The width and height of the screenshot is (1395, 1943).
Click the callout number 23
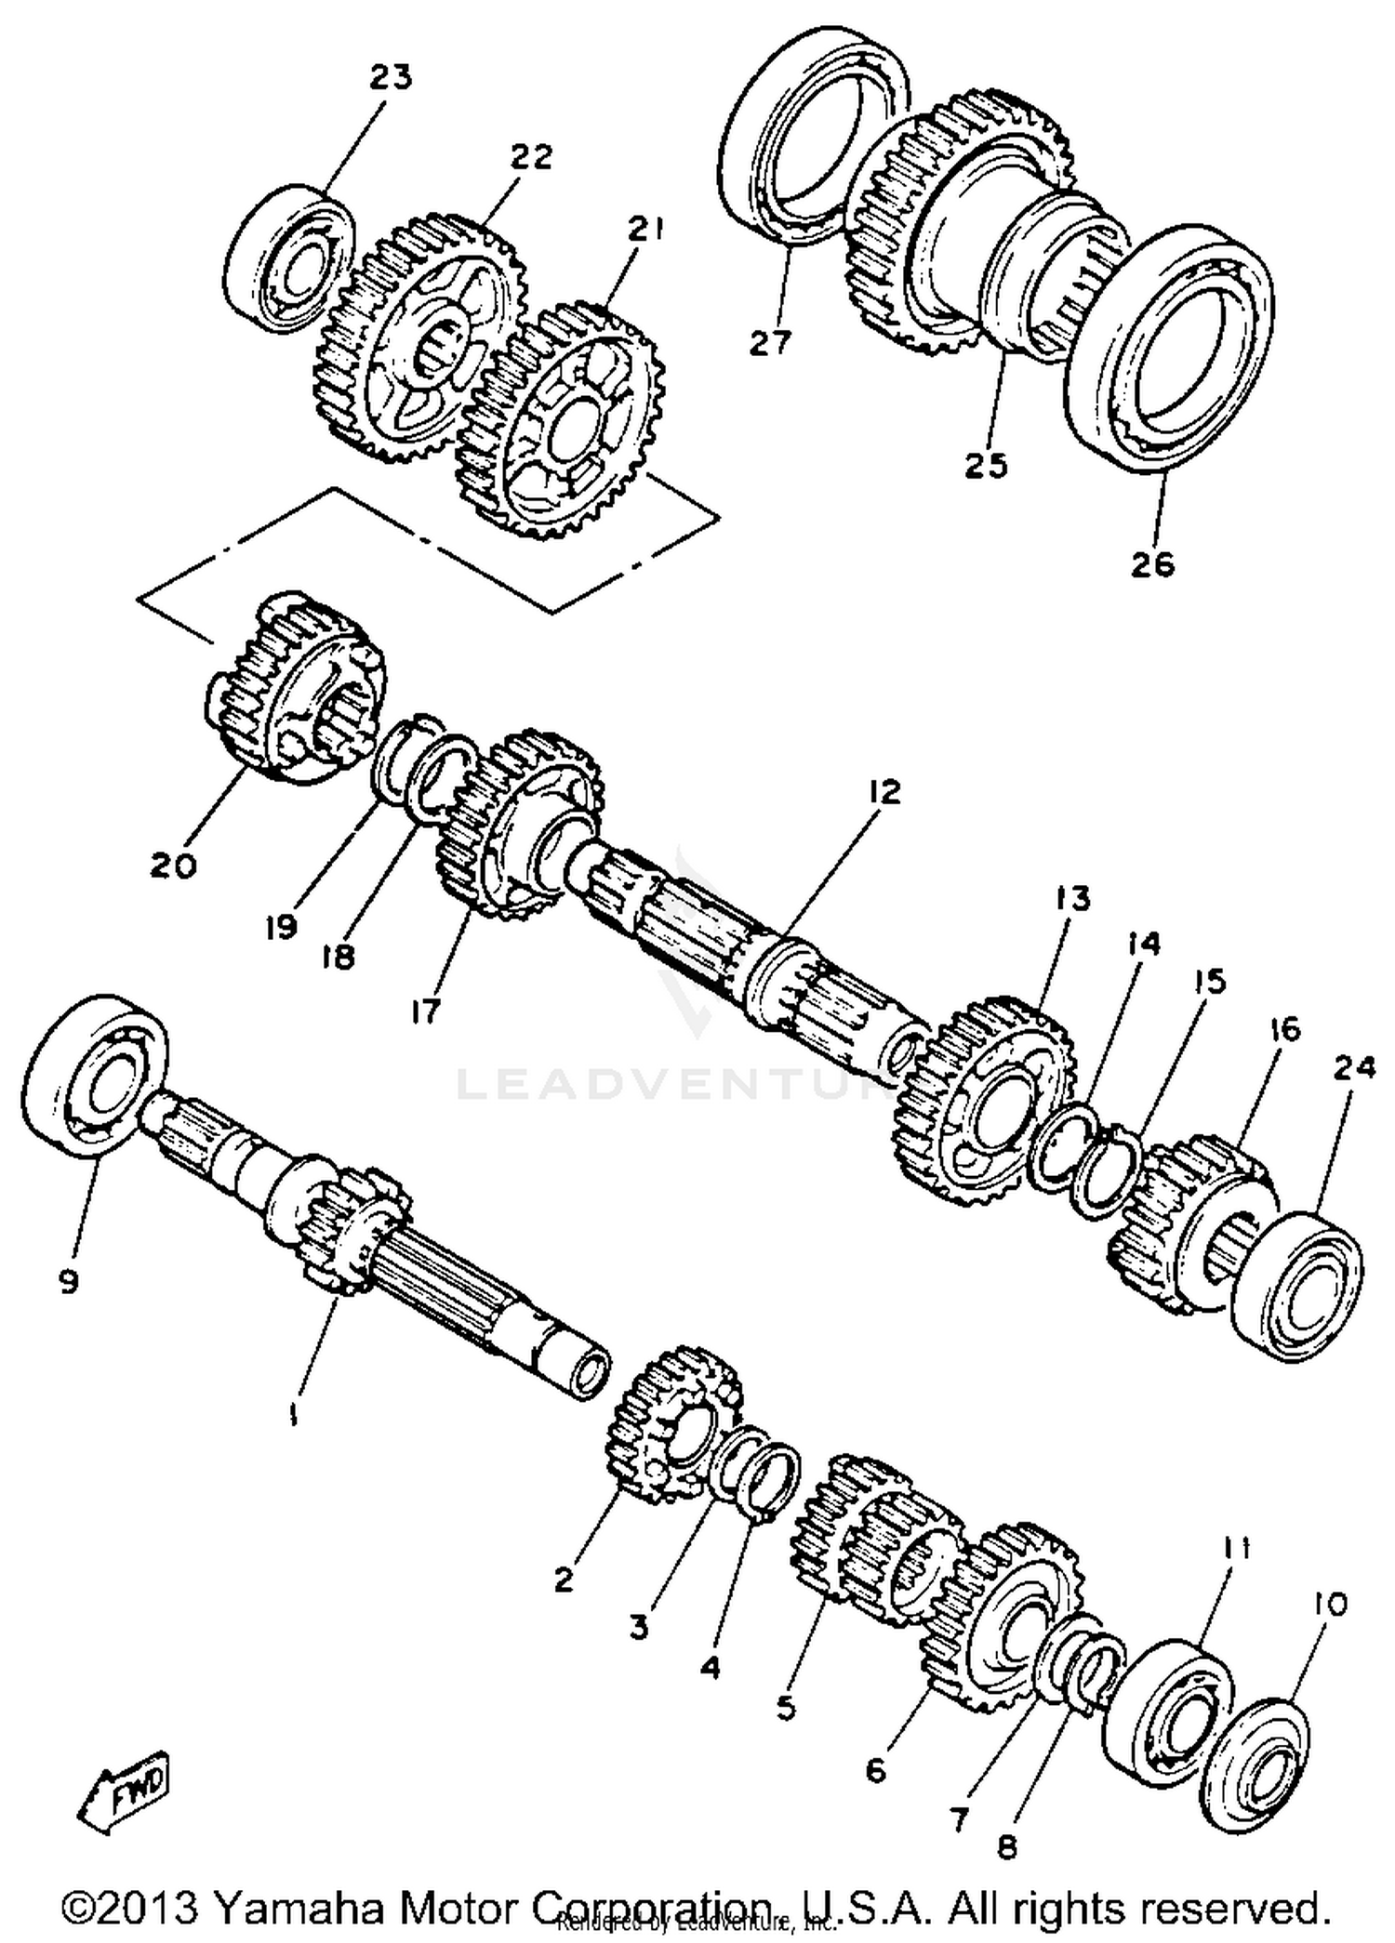click(x=390, y=78)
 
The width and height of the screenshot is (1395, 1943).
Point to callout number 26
click(x=1152, y=564)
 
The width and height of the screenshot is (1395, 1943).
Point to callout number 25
click(x=985, y=465)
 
